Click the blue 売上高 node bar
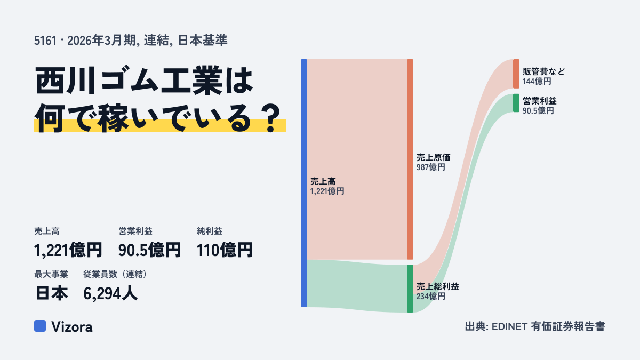304,183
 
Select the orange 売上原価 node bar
410,159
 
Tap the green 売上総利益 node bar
410,289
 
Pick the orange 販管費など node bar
516,74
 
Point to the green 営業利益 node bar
516,103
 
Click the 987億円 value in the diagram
430,167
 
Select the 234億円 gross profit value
430,297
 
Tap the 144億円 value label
537,82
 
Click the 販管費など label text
543,71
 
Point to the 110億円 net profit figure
225,250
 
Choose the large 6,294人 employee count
110,293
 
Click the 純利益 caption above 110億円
210,231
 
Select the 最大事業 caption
51,274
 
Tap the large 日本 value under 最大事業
52,293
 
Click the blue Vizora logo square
40,326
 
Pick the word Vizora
71,327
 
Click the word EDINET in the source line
509,327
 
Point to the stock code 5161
45,41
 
